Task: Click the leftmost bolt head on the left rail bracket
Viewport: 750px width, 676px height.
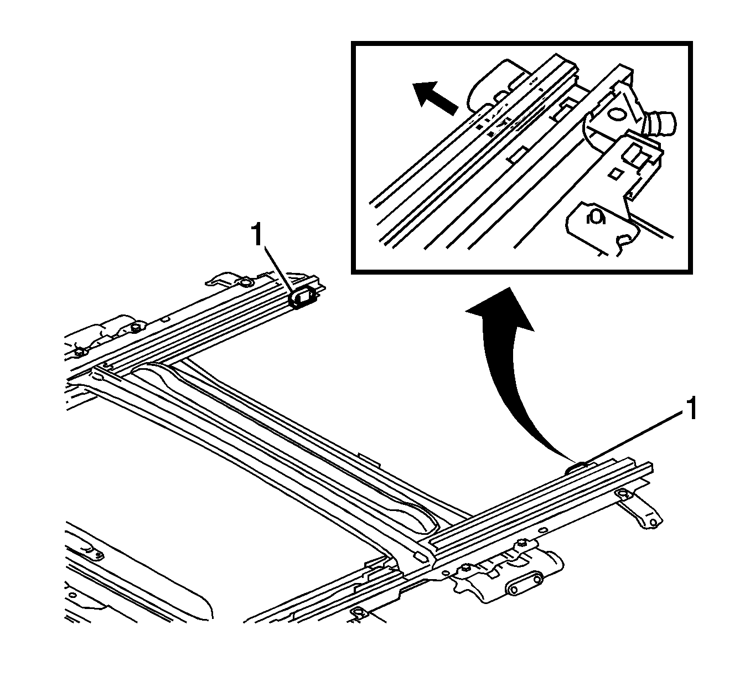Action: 81,351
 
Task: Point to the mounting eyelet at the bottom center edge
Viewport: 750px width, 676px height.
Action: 359,612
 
